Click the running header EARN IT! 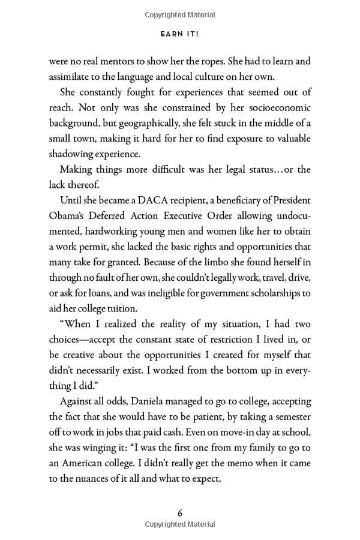coord(180,34)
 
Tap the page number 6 coord(180,513)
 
